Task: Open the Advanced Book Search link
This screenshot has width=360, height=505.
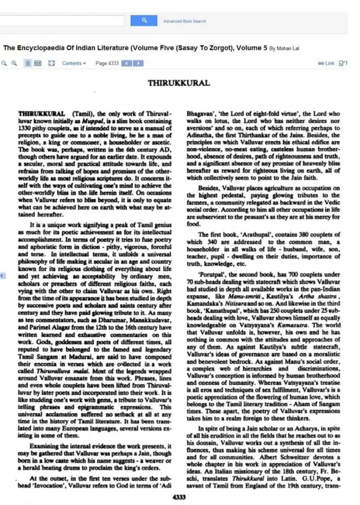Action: click(x=185, y=21)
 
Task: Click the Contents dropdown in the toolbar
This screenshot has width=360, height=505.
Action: click(x=74, y=63)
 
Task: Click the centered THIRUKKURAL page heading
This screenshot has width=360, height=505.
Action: click(x=179, y=83)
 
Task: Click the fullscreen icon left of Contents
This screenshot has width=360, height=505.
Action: click(x=51, y=63)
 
